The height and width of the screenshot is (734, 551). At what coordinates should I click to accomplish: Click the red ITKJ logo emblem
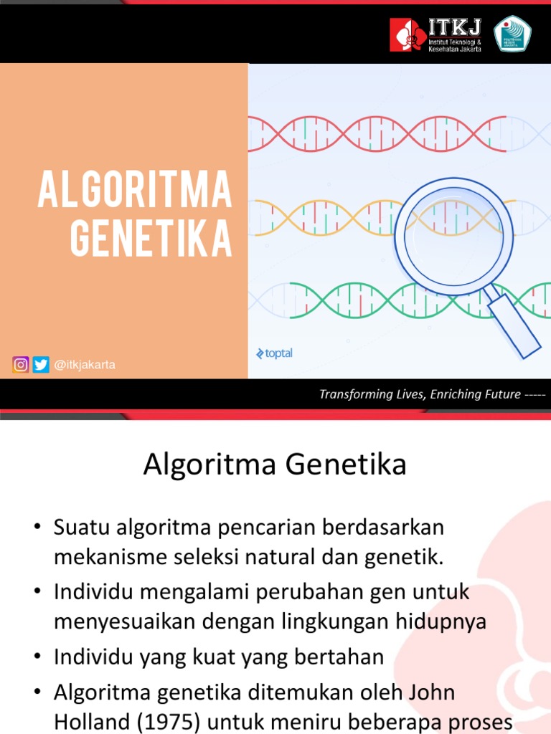pyautogui.click(x=408, y=34)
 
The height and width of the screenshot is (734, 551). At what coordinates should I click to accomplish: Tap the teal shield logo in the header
pyautogui.click(x=513, y=34)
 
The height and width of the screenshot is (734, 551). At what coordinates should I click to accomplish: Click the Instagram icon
pyautogui.click(x=21, y=365)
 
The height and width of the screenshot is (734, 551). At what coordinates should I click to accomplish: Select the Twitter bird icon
pyautogui.click(x=41, y=365)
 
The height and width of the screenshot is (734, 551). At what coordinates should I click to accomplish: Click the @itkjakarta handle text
pyautogui.click(x=84, y=365)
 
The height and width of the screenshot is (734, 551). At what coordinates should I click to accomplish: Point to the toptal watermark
pyautogui.click(x=274, y=353)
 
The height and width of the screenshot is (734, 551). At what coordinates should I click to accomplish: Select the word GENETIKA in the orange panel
pyautogui.click(x=151, y=239)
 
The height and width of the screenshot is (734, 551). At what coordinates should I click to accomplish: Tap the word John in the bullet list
pyautogui.click(x=428, y=694)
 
